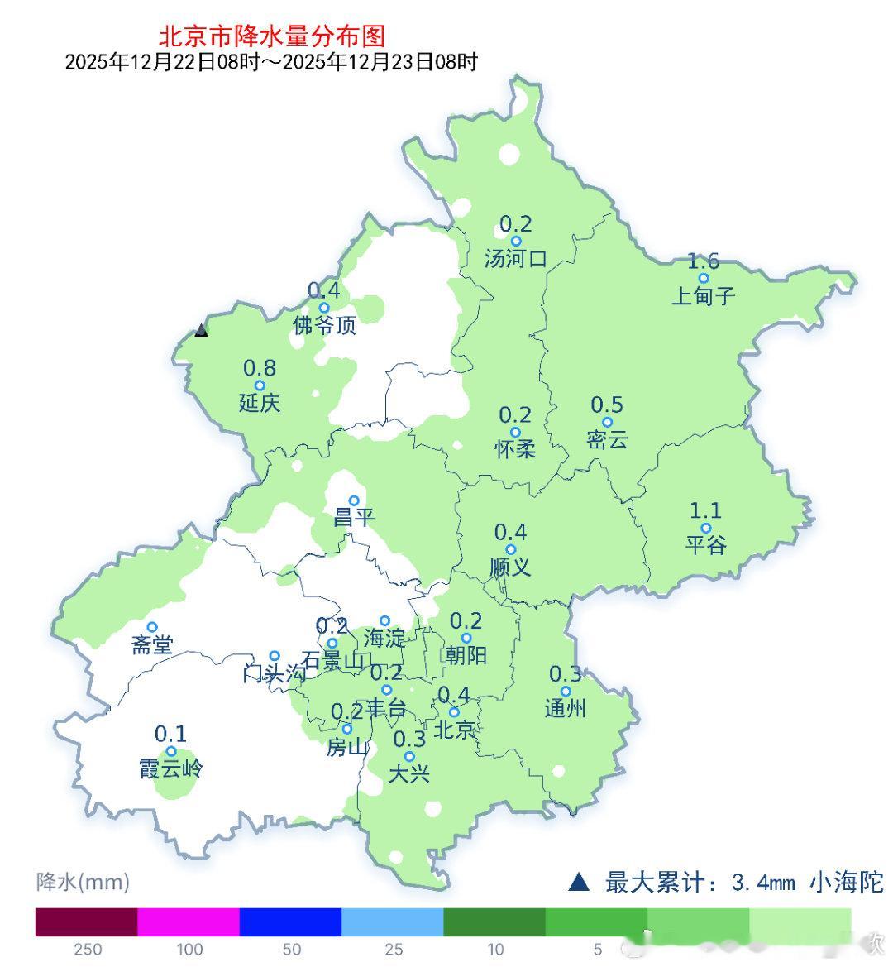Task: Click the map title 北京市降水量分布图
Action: tap(271, 36)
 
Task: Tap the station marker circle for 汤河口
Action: tap(516, 242)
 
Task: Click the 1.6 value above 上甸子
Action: tap(704, 261)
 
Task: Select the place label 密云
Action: tap(607, 440)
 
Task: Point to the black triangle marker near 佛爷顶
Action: tap(201, 331)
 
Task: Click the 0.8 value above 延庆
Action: tap(260, 368)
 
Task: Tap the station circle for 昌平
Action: tap(354, 500)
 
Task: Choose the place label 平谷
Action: tap(705, 545)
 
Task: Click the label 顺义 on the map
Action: tap(510, 567)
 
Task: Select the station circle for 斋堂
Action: tap(152, 627)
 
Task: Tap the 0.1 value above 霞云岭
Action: tap(170, 734)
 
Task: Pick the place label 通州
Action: tap(566, 709)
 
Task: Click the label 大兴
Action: tap(409, 775)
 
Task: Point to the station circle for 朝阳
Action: tap(466, 638)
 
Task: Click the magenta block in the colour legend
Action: tap(188, 922)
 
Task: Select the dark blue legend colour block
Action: tap(290, 922)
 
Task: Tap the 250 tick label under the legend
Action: tap(87, 950)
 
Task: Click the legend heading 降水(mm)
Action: tap(83, 882)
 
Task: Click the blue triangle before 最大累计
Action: tap(579, 882)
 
